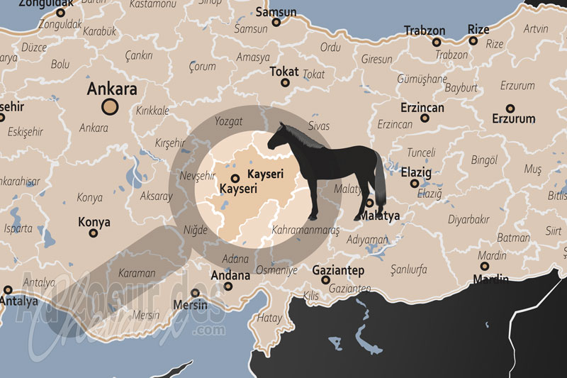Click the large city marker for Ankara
(x=109, y=107)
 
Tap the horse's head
(x=278, y=135)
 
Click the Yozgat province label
(x=228, y=121)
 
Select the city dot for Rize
(x=473, y=40)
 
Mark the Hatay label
(x=269, y=318)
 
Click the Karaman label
(x=137, y=272)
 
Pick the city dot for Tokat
(x=285, y=83)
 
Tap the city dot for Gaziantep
(x=325, y=280)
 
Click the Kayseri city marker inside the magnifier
(x=235, y=179)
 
